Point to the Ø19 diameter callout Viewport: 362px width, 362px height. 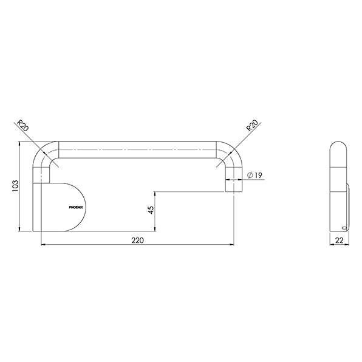pos(255,176)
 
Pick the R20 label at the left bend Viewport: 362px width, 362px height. pos(23,127)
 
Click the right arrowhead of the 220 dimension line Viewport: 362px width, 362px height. pos(233,245)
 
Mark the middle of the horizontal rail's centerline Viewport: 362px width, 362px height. pos(137,149)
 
